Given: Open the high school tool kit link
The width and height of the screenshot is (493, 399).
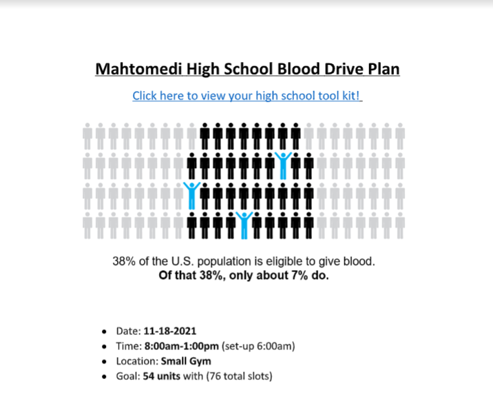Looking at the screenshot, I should point(247,96).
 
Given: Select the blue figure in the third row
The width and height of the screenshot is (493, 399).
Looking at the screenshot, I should point(191,195).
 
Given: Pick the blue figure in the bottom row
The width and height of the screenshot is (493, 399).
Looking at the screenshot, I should point(243,224).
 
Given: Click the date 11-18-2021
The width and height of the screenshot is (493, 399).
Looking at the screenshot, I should point(169,331).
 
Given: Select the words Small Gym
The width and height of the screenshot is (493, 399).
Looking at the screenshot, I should point(186,361).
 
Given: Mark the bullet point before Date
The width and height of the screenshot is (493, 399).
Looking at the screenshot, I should point(104,332).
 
